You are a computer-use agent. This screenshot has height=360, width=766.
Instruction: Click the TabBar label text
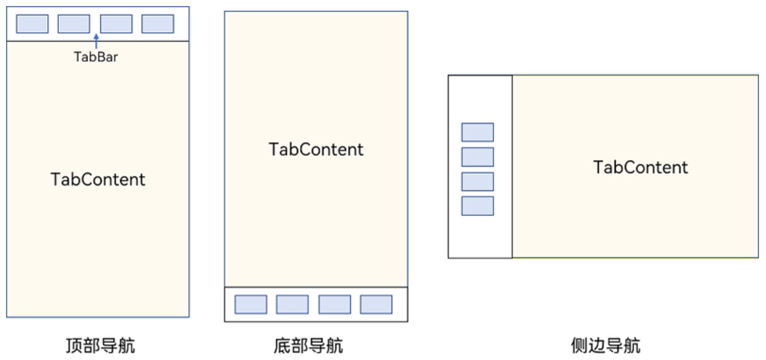pos(96,57)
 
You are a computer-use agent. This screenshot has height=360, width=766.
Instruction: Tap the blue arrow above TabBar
pos(96,41)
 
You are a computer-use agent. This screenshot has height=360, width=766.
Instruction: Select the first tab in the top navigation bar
pos(32,24)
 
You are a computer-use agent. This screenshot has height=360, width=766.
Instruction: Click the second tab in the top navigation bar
pos(74,24)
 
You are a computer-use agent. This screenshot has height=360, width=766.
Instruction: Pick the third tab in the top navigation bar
pos(116,24)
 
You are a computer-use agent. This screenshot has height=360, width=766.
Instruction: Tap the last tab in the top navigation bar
pos(158,24)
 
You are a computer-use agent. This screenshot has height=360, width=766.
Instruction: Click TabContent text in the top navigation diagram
pos(98,180)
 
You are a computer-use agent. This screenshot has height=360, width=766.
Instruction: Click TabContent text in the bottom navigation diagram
pos(316,149)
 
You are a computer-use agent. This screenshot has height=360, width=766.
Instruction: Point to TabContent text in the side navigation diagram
pos(640,167)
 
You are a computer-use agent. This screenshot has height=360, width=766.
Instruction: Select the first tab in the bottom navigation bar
pos(251,305)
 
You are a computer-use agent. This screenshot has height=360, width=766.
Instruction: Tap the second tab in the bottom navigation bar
pos(292,305)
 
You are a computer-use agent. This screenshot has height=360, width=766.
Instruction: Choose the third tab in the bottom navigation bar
pos(335,305)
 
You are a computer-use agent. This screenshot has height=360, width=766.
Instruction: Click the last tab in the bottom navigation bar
pos(376,305)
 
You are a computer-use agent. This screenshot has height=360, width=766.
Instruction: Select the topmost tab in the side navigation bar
pos(477,132)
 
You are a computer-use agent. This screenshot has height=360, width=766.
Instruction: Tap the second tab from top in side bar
pos(477,157)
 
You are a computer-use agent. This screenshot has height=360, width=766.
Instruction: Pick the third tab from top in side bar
pos(477,181)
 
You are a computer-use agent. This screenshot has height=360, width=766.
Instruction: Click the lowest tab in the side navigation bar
pos(477,206)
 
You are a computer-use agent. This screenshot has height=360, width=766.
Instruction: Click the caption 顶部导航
pos(100,346)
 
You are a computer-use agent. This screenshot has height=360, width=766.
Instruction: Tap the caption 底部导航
pos(308,346)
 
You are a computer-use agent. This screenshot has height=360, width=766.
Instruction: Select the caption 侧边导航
pos(605,346)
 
